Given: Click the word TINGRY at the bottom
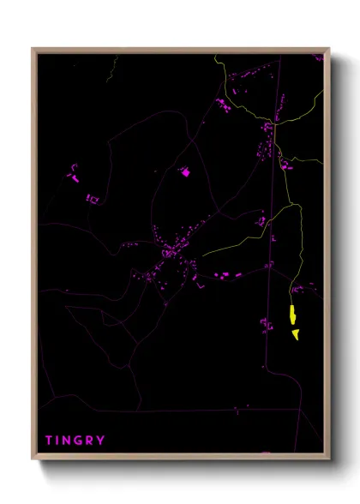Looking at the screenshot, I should (x=75, y=440).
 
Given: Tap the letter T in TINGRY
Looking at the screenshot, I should (x=50, y=440).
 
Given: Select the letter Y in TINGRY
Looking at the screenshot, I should (x=102, y=440).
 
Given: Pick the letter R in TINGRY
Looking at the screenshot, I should (x=91, y=440).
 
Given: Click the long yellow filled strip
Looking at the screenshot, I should (x=291, y=316).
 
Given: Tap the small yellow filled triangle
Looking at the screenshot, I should (x=295, y=333).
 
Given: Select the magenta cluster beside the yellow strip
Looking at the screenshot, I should (x=267, y=324).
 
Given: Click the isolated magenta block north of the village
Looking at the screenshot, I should (x=184, y=171).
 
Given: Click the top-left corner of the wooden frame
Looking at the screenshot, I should (x=33, y=49).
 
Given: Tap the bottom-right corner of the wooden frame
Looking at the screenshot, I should (x=329, y=459).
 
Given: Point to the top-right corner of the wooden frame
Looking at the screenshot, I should (x=329, y=49).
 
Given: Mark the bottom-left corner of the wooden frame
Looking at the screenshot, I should (x=33, y=459).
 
